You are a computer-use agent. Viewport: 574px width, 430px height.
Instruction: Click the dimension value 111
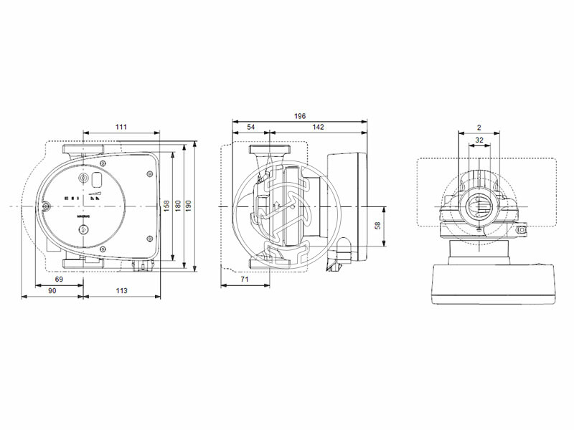tap(121, 127)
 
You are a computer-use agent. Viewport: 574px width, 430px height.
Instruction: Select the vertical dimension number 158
tap(166, 206)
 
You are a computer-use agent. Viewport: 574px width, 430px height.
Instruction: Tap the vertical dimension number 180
tap(178, 206)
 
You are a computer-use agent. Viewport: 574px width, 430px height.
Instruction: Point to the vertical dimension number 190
tap(189, 206)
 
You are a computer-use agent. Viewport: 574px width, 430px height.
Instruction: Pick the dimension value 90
tap(52, 290)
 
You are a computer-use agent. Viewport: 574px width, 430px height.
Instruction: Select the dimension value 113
tap(121, 290)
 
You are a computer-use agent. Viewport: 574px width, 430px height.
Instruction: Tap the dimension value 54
tap(250, 127)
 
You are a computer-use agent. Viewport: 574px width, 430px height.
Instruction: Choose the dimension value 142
tap(318, 127)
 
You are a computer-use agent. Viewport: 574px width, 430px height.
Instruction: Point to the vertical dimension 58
tap(378, 226)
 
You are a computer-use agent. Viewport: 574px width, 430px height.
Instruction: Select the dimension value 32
tap(479, 140)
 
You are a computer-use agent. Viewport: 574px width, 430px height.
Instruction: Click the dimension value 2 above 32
tap(479, 128)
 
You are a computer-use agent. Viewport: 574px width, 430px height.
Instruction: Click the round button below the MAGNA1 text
tap(83, 230)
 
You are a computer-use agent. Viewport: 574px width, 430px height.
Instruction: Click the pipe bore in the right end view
tap(479, 209)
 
